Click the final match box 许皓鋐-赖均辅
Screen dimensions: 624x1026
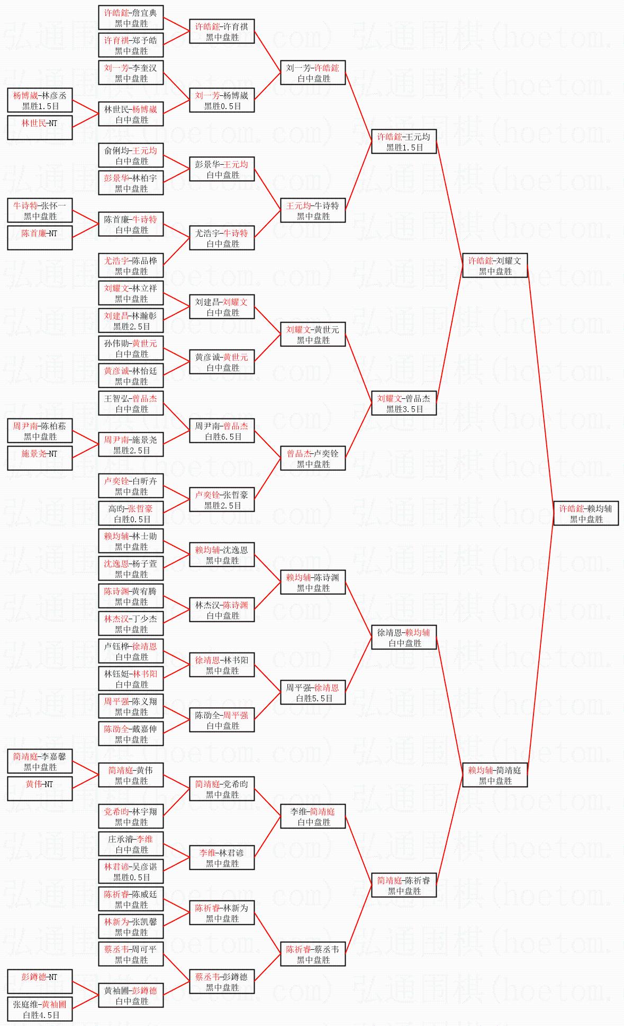tap(586, 513)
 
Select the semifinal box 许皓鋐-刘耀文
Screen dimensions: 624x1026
tap(495, 265)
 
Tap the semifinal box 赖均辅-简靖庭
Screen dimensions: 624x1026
tap(495, 775)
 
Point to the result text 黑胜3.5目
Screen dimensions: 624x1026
tap(404, 409)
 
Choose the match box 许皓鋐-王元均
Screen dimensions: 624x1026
tap(404, 141)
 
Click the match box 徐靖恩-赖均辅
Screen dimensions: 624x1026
tap(404, 637)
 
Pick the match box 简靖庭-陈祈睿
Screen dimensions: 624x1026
tap(404, 885)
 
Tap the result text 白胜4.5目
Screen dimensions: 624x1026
tap(40, 1015)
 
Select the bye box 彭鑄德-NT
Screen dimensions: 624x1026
tap(40, 982)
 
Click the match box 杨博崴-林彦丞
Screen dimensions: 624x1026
tap(40, 100)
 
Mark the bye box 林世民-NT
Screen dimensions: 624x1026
tap(40, 128)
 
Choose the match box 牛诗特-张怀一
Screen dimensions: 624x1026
tap(40, 210)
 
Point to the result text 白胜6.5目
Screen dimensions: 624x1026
tap(223, 436)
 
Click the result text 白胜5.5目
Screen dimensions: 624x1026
tap(314, 698)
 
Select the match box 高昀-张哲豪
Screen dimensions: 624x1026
tap(131, 513)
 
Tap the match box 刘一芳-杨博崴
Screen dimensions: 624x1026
tap(222, 100)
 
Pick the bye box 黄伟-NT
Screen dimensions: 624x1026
tap(40, 789)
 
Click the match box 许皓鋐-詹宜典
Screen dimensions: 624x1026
tap(131, 17)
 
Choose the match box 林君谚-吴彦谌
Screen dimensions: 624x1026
tap(131, 871)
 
